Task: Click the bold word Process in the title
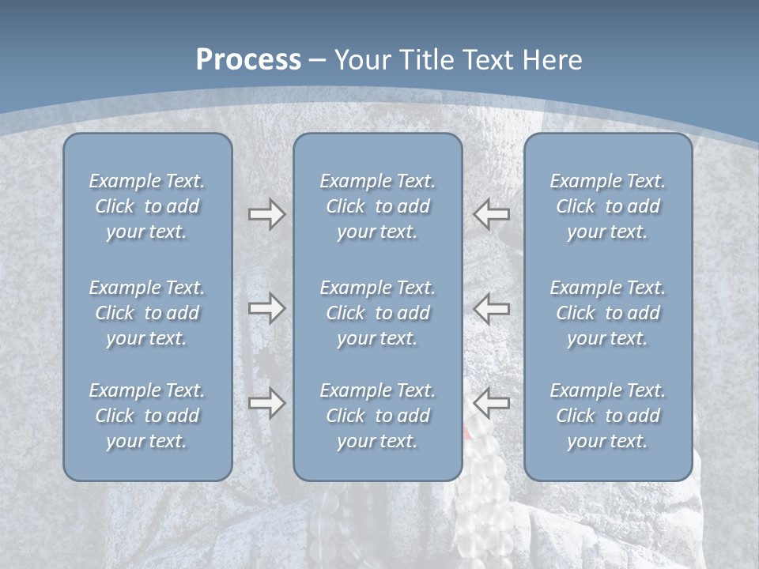tap(248, 60)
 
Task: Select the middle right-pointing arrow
tap(266, 308)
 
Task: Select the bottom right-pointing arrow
tap(266, 404)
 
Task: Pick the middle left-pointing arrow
tap(491, 308)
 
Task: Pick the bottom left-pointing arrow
tap(491, 404)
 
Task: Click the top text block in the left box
tap(147, 206)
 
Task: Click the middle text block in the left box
tap(147, 313)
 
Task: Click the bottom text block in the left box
tap(147, 416)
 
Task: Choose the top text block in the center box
tap(377, 206)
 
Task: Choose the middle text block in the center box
tap(377, 313)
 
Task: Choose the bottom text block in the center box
tap(377, 416)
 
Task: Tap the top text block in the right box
tap(607, 206)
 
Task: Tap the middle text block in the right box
tap(607, 313)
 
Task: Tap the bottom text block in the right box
tap(607, 416)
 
